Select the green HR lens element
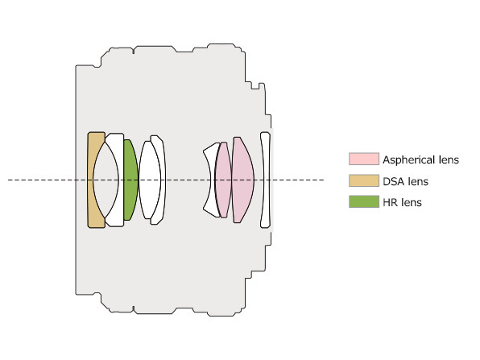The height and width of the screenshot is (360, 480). pos(130,180)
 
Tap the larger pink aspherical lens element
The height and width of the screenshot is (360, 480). pos(242,180)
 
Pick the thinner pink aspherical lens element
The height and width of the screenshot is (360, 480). pos(223,180)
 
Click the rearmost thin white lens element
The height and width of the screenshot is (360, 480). pos(266,180)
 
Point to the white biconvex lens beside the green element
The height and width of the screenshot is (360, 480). pos(150,180)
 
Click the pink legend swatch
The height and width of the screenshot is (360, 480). pos(364,159)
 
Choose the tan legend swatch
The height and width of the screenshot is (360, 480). pos(364,180)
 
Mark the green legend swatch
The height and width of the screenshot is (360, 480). pos(364,201)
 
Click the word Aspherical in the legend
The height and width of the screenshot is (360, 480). pos(408,160)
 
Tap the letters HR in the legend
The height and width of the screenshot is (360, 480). pos(390,202)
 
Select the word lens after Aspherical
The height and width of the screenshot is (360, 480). pos(448,159)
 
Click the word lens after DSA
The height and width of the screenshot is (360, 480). pos(419,181)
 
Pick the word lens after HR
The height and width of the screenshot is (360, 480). pos(411,202)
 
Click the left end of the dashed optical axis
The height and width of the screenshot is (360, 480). pos(8,180)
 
